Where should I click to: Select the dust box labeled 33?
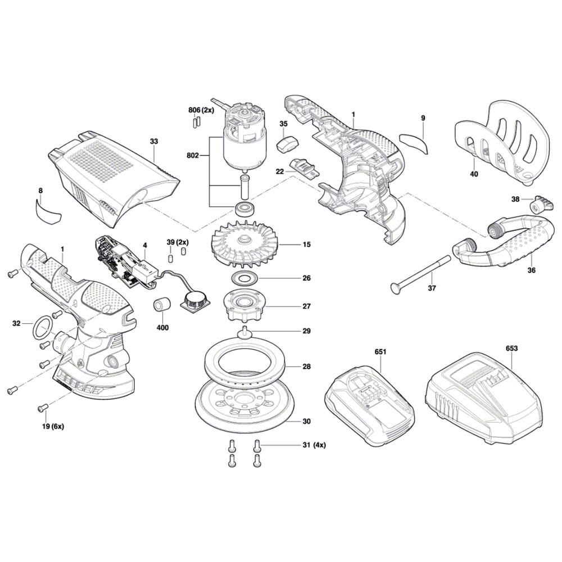click(x=112, y=174)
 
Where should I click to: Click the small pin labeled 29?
click(x=245, y=332)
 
